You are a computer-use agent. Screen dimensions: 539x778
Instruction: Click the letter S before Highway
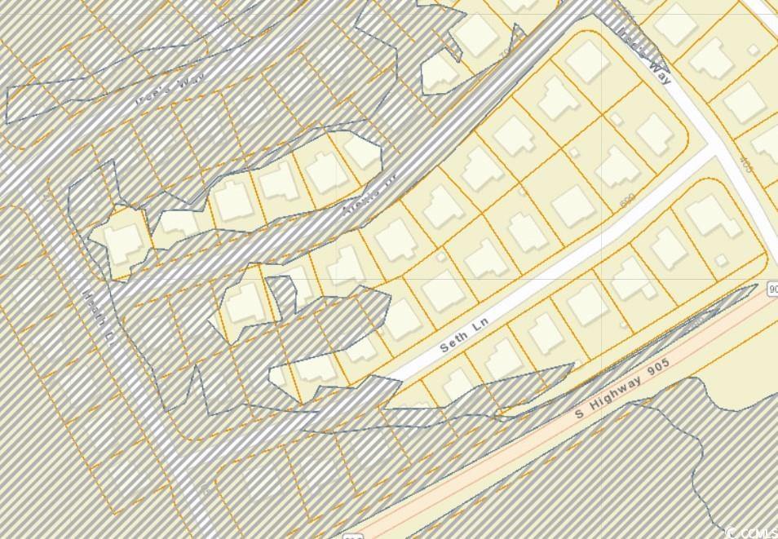579,413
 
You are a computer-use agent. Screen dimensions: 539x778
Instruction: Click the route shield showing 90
771,289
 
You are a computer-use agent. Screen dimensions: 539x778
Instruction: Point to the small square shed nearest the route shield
721,260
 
